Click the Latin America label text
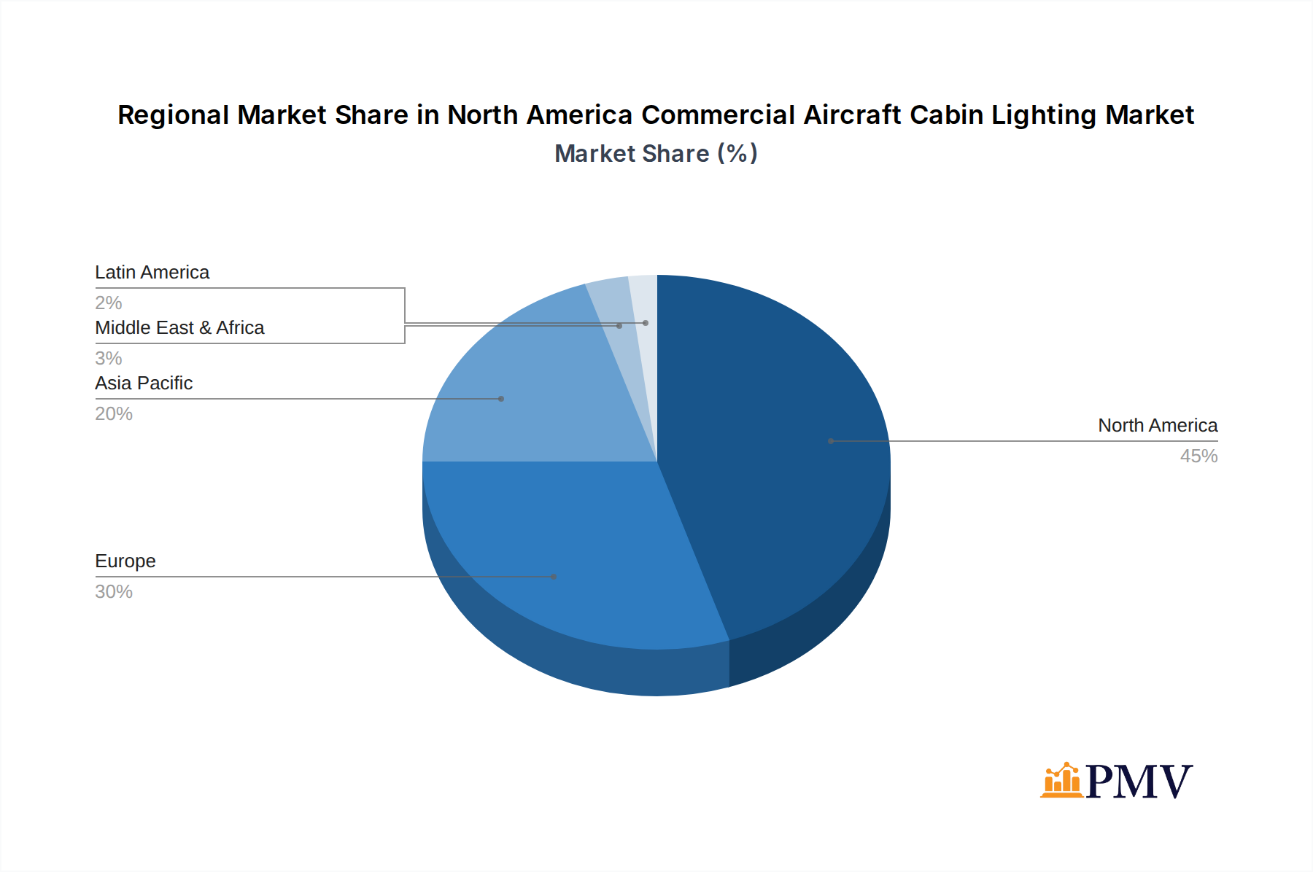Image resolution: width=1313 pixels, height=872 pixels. (x=152, y=273)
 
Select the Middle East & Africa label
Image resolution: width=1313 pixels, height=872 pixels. (x=179, y=328)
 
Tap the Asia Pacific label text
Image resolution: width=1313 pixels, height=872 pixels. (x=144, y=384)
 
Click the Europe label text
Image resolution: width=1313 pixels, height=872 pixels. (x=125, y=561)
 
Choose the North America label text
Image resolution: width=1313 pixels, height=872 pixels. (x=1158, y=426)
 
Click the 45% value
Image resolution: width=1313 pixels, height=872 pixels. (x=1198, y=456)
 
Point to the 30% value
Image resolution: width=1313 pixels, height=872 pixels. (x=114, y=592)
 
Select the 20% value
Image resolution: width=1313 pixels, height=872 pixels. (x=114, y=414)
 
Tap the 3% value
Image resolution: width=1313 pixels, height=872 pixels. (x=108, y=359)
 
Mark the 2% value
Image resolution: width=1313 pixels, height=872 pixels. (x=108, y=303)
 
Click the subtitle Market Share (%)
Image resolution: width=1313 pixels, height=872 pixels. (x=656, y=154)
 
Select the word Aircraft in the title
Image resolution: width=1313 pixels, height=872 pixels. (x=852, y=115)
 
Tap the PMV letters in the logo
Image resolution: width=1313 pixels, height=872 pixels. (x=1139, y=782)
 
